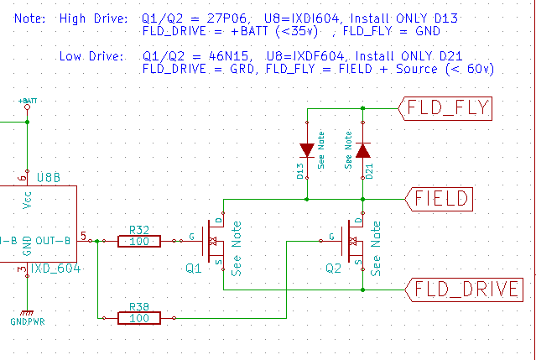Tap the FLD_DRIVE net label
pos(461,290)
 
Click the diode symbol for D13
pos(307,151)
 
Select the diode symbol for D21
pos(362,151)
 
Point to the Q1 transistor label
pos(194,270)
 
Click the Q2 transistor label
pos(334,270)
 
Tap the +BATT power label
pos(28,102)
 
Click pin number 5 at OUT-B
pos(82,234)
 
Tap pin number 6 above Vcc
pos(19,178)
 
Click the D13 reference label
pos(300,172)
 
